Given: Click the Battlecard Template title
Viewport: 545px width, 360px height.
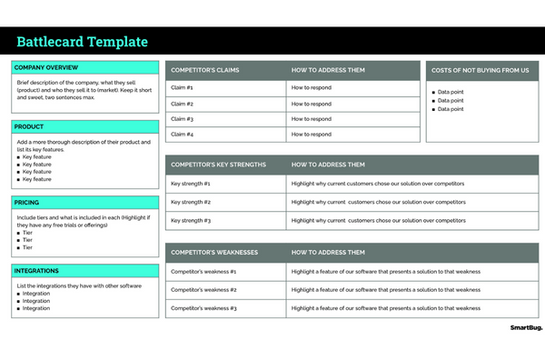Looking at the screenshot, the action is (x=82, y=42).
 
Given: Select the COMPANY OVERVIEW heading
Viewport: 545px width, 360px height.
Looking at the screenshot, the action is (x=46, y=67).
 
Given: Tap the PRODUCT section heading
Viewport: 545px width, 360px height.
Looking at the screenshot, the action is (x=30, y=127).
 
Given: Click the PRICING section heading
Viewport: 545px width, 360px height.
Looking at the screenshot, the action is (x=28, y=203).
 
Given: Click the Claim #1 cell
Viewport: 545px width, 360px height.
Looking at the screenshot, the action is (x=183, y=88).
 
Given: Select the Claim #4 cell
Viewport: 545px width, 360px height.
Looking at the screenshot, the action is (x=183, y=135).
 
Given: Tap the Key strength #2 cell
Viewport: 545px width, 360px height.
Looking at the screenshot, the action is (x=191, y=202).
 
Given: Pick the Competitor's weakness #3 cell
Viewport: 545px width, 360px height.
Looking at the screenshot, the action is (x=203, y=308).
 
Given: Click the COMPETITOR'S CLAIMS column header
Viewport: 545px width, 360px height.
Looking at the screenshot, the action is (x=205, y=70).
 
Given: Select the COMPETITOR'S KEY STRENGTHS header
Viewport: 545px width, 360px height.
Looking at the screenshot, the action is (x=218, y=165).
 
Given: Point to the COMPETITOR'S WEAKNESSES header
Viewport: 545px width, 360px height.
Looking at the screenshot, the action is (x=214, y=252).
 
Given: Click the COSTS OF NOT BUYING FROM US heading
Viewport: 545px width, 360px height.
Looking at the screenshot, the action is (x=480, y=70).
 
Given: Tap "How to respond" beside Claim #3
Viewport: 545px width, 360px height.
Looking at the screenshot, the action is (x=312, y=119).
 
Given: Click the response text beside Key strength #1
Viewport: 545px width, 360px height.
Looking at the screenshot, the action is (x=378, y=184).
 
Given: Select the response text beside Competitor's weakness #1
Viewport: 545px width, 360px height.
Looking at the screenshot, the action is (x=385, y=271).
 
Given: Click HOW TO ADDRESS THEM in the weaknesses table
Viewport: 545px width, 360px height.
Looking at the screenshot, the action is (x=328, y=252).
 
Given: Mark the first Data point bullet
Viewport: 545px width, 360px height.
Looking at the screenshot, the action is (x=451, y=92).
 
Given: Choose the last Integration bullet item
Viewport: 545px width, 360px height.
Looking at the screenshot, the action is (x=36, y=308).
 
